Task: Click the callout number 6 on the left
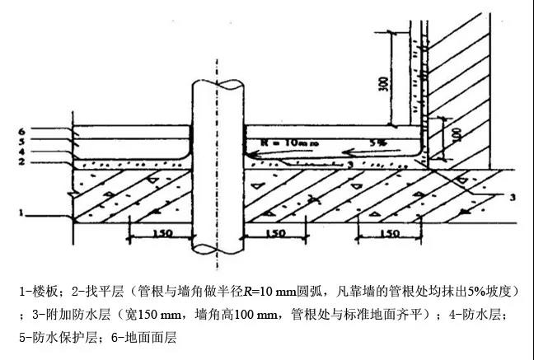[23, 131]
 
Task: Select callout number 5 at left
[23, 142]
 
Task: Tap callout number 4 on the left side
[23, 152]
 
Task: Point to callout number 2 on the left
[23, 162]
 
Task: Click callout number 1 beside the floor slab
[22, 213]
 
